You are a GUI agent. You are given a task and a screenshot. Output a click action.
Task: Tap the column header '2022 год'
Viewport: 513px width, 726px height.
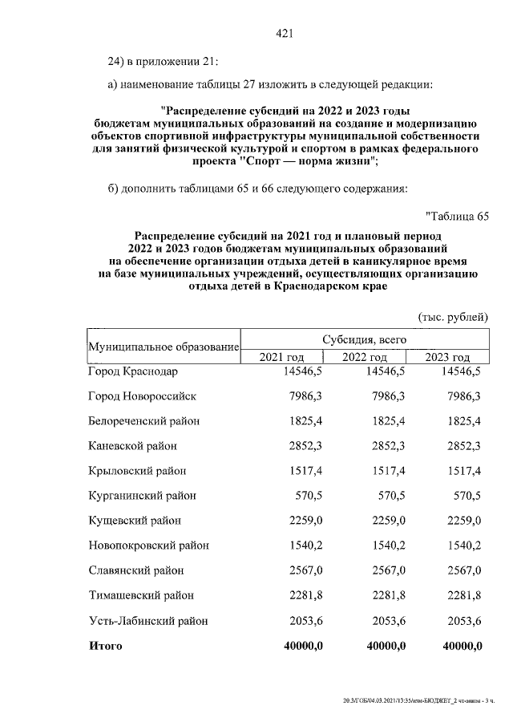click(x=365, y=357)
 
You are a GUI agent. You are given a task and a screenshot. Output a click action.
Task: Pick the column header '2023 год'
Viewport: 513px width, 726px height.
click(x=447, y=357)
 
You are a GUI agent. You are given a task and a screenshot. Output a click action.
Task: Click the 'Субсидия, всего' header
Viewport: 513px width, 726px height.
click(x=365, y=339)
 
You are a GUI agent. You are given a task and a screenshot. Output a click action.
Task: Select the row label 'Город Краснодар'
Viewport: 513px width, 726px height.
click(x=132, y=371)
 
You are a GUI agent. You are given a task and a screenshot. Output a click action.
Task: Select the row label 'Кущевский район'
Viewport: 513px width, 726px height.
click(x=135, y=521)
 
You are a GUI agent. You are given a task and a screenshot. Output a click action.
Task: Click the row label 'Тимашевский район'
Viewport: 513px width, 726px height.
click(x=141, y=596)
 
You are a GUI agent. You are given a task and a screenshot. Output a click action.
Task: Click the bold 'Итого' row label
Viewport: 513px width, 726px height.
click(x=106, y=647)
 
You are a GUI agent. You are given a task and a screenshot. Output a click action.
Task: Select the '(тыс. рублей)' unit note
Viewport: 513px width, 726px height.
click(x=453, y=317)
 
